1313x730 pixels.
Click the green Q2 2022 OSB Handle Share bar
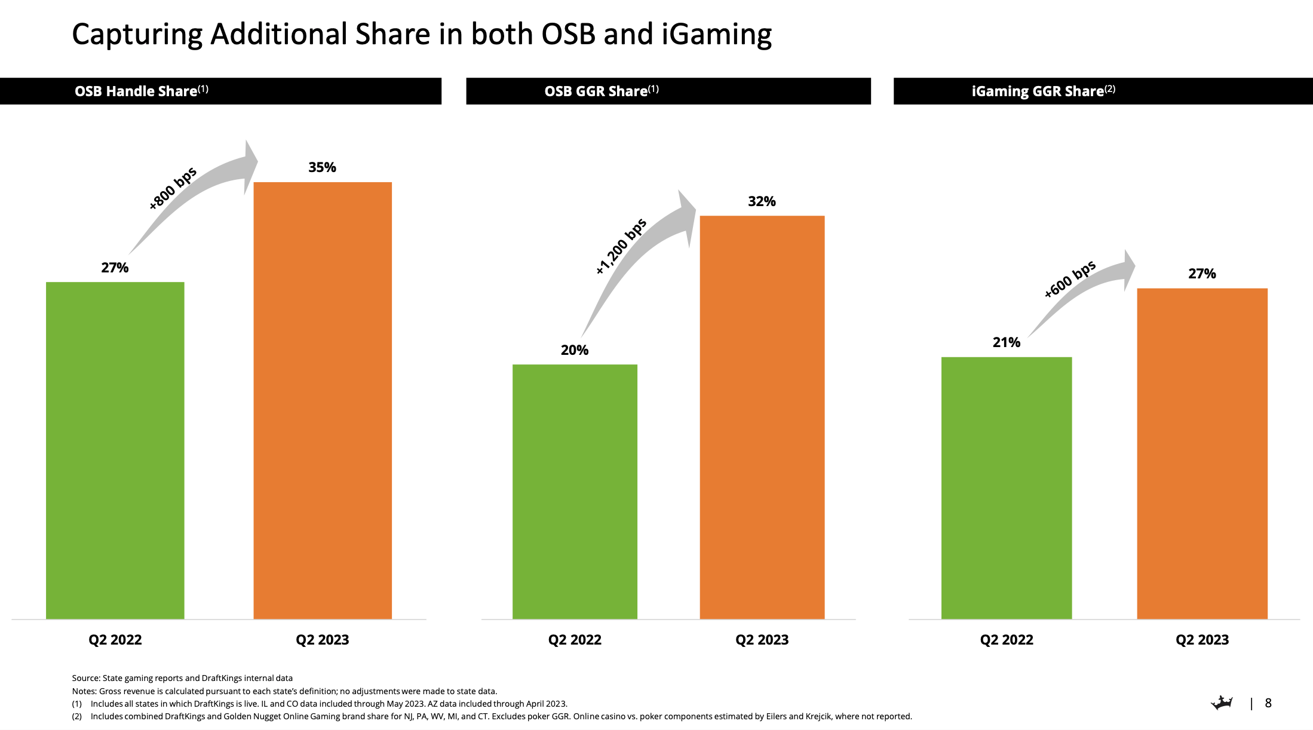(115, 451)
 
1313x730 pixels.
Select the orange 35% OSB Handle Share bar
(323, 400)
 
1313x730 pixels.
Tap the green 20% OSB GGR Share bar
(575, 491)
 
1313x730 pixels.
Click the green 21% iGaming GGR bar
(1007, 487)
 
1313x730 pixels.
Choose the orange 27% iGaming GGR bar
(1202, 453)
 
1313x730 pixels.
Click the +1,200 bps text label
(621, 246)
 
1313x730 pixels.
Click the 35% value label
(322, 167)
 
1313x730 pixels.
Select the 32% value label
(762, 201)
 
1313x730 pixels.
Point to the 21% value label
(1007, 342)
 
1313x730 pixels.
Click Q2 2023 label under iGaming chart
(1202, 640)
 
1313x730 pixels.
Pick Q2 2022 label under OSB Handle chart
(115, 640)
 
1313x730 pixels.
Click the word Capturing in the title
(137, 35)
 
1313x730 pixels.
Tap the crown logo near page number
(1222, 703)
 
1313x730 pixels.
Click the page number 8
(1268, 703)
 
